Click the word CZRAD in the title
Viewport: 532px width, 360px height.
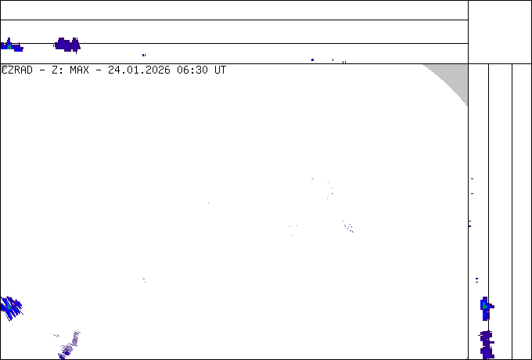(17, 70)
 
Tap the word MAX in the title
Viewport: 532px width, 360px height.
(79, 70)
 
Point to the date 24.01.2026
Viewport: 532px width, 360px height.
(139, 70)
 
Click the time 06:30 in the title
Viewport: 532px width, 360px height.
(192, 70)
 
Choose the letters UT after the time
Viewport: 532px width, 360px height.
(220, 70)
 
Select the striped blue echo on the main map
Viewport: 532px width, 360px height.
(11, 308)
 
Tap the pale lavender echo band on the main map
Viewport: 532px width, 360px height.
(68, 344)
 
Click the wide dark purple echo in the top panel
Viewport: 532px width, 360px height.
(67, 45)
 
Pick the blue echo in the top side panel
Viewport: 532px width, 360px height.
(12, 45)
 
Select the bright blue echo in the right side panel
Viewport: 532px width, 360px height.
(487, 308)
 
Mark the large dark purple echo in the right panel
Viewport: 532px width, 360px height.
(487, 344)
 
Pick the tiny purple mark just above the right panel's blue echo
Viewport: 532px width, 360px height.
(476, 280)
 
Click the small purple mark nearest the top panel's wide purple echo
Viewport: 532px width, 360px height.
(144, 55)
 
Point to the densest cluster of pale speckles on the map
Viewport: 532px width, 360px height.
(348, 227)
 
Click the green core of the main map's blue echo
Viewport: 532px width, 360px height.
(9, 307)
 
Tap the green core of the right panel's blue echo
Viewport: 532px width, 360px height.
(485, 307)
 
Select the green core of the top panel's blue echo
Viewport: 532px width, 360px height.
(9, 46)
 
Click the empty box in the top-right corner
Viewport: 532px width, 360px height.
(500, 32)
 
